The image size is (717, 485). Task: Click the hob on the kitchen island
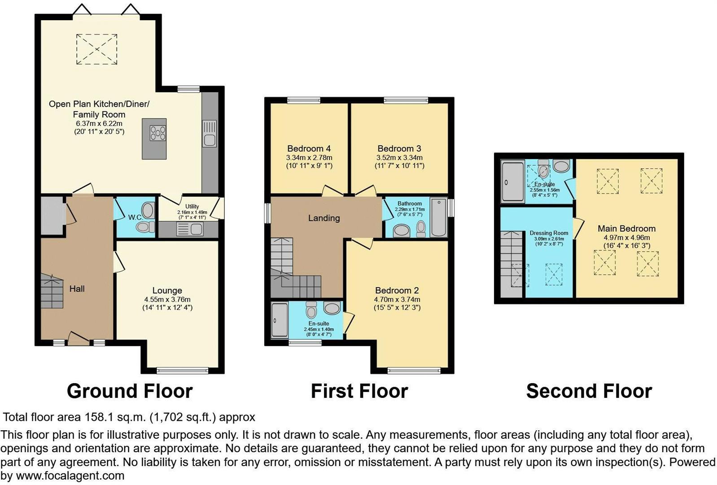157,133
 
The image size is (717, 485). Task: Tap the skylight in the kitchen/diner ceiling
96,49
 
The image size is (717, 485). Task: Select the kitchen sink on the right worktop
210,133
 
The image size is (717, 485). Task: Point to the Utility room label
192,207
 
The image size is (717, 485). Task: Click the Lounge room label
167,291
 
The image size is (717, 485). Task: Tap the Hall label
77,289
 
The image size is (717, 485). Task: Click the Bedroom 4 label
309,149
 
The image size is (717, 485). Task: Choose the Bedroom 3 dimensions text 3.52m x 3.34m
399,158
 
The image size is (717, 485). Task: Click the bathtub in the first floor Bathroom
438,217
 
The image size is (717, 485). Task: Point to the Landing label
324,218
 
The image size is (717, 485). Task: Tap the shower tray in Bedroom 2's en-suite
279,320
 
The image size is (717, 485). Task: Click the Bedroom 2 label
397,291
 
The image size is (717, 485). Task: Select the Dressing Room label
549,233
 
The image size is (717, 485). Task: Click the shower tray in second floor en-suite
512,181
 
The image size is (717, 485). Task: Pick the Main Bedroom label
626,229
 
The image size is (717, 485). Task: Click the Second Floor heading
589,391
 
